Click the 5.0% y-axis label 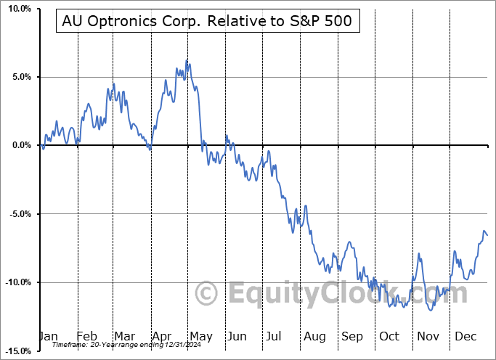(20, 77)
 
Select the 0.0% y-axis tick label (20, 145)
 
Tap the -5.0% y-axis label (19, 214)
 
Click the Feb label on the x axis (87, 337)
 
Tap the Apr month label (161, 337)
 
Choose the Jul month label (274, 337)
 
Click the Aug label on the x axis (314, 337)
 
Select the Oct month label (389, 337)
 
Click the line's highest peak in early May (187, 60)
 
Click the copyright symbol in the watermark (208, 294)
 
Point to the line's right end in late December (487, 235)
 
